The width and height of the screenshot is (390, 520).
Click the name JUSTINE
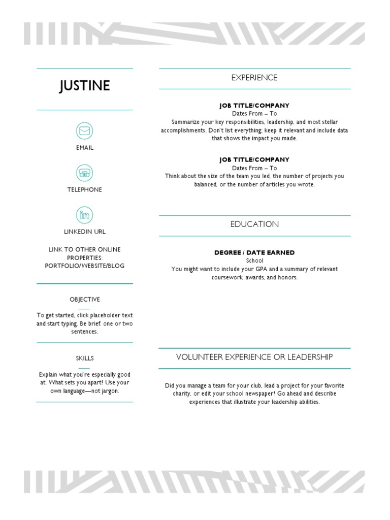point(85,86)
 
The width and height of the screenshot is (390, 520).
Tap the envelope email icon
point(85,131)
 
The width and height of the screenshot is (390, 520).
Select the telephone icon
point(85,173)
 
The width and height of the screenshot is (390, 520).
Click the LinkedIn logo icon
point(85,215)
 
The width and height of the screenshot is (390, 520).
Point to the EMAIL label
point(85,148)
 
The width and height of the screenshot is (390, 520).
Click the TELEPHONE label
point(85,189)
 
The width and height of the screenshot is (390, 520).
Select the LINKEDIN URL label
point(85,232)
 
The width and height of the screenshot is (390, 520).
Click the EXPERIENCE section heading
point(254,78)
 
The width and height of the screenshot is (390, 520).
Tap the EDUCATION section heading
point(254,224)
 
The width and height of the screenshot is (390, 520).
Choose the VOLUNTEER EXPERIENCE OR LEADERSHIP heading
point(254,357)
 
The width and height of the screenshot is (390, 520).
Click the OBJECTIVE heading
point(85,300)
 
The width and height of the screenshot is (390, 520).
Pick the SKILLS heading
point(85,359)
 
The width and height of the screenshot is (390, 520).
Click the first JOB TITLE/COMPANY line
point(254,106)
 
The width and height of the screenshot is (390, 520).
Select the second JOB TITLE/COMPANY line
point(254,159)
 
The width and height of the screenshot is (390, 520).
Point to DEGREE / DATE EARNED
point(254,253)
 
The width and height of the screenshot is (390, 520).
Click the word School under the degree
point(254,261)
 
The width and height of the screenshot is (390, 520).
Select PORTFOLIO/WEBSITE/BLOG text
point(85,266)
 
